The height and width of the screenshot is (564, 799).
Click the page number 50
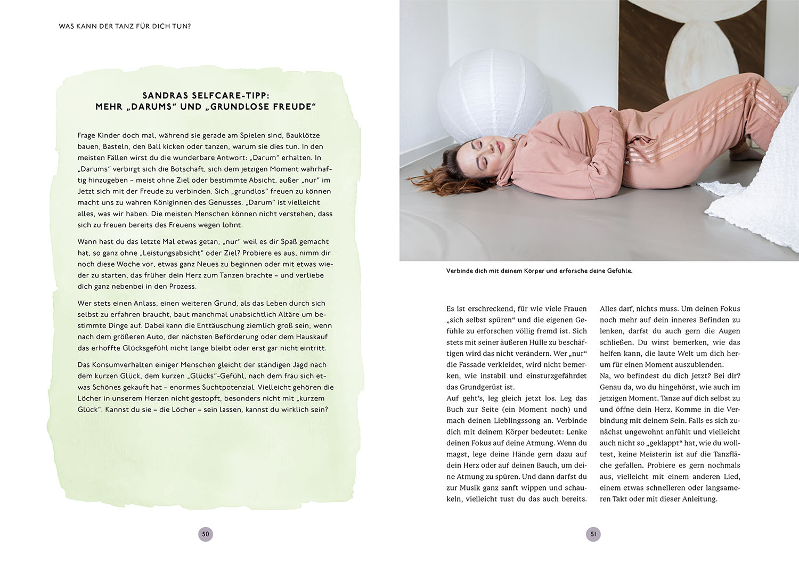[x=206, y=534]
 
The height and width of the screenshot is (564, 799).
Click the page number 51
[x=593, y=534]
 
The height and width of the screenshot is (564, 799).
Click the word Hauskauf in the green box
[x=312, y=337]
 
